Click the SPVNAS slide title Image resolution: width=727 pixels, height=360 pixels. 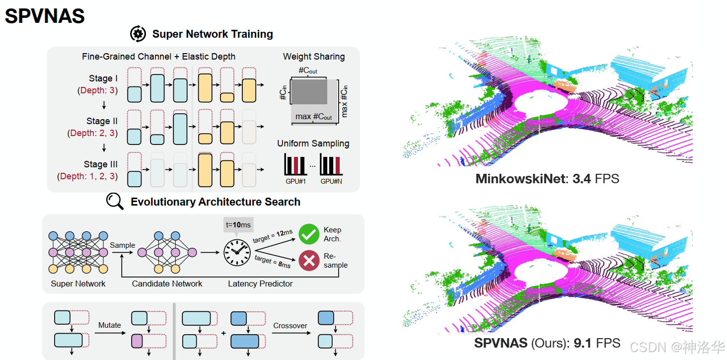(45, 16)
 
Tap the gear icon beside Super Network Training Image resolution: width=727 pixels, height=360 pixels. (138, 34)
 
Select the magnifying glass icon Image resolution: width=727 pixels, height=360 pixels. (115, 202)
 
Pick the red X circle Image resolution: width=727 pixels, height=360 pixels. (309, 260)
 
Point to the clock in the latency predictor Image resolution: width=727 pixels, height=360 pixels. (236, 253)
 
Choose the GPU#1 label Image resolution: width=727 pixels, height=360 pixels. (295, 182)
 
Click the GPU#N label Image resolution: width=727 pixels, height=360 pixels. (331, 182)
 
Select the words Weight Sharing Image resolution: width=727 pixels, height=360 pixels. (313, 57)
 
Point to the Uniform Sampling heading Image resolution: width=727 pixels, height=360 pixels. (313, 144)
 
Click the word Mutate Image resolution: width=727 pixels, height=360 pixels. (109, 325)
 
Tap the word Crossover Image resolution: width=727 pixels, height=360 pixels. (290, 326)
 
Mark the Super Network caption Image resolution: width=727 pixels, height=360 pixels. (78, 284)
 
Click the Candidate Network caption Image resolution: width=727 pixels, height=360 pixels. (167, 284)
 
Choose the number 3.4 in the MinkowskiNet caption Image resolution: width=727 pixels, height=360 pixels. (582, 179)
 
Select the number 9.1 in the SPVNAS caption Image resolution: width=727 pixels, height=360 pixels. (582, 343)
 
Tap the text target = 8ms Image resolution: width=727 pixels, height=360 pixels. (272, 262)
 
